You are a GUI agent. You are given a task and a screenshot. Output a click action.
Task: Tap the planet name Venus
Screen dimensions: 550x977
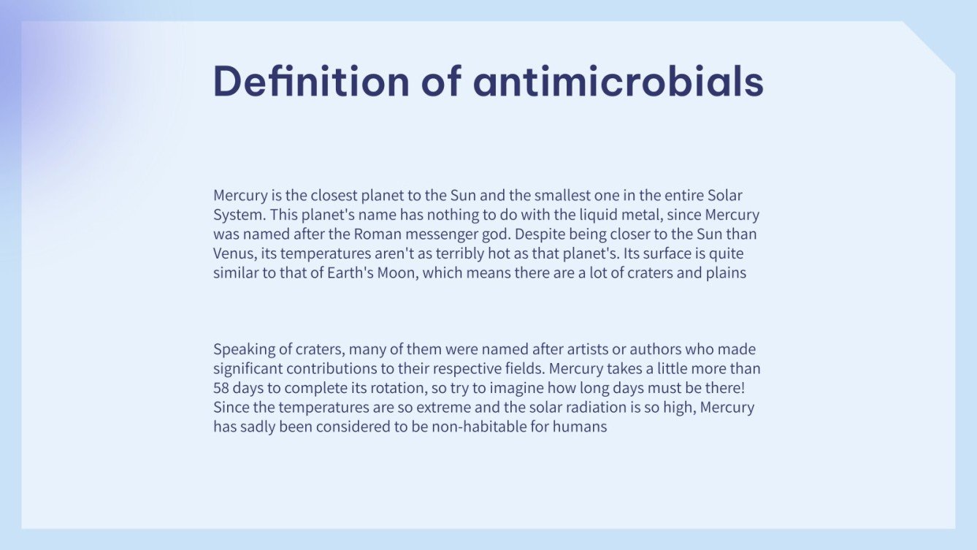tap(232, 254)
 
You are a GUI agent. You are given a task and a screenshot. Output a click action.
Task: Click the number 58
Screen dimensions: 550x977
tap(221, 388)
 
